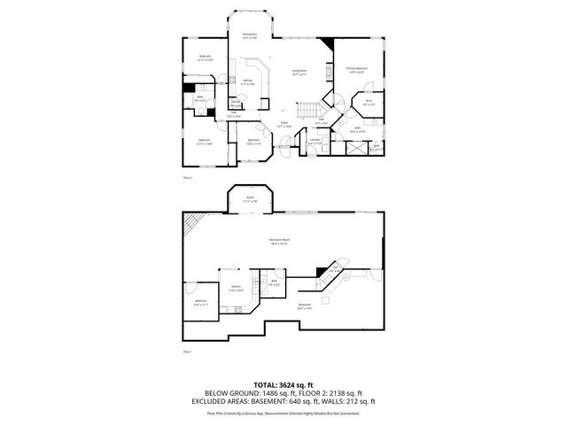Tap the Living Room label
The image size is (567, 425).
pos(299,73)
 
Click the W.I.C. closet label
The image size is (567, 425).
pos(369,102)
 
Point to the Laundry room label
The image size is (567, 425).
pos(315,141)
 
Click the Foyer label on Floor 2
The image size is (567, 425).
pos(283,125)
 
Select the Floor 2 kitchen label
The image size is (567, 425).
pos(249,82)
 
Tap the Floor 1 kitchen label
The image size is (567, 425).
pos(237,289)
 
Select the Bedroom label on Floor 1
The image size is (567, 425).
pos(201,303)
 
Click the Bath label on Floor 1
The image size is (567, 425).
pos(276,283)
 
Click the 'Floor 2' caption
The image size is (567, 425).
pos(187,178)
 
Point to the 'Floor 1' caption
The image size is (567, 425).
pos(187,352)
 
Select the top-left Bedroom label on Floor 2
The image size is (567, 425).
pos(206,58)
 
